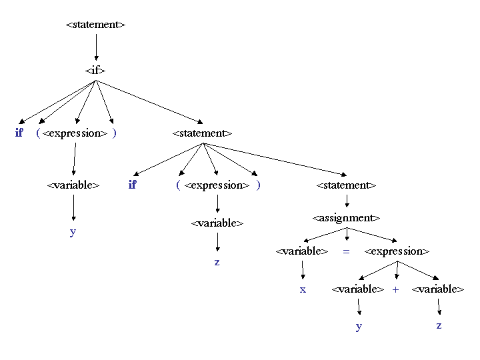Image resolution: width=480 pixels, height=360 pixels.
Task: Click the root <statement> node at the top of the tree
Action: pos(95,25)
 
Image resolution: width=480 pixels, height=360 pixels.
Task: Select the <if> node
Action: pos(95,70)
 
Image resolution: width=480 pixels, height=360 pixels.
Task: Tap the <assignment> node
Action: pos(346,218)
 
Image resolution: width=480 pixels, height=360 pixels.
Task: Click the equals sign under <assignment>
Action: pos(346,251)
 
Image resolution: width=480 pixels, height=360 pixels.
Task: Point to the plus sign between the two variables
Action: pos(395,289)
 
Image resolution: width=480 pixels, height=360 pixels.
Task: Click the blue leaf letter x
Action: pos(303,289)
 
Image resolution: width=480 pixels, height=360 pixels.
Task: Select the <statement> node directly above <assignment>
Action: pos(346,185)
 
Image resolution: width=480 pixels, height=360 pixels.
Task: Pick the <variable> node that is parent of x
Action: pos(302,251)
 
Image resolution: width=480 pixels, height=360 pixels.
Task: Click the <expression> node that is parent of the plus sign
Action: pos(397,251)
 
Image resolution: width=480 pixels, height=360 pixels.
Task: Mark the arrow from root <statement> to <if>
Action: pos(95,47)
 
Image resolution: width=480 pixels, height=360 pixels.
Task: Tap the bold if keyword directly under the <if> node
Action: pos(19,133)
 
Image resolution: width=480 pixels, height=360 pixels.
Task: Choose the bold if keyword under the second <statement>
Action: pos(132,185)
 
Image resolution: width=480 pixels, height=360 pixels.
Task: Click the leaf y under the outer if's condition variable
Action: pos(73,232)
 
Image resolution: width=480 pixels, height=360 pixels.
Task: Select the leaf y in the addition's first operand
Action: pos(359,326)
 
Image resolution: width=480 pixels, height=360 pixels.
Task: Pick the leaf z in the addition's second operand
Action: pos(439,325)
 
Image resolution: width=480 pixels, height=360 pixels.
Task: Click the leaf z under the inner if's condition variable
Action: pos(217,262)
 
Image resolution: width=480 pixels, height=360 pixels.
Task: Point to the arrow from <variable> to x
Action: pos(302,269)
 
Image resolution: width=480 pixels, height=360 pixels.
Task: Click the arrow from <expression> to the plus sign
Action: pos(396,270)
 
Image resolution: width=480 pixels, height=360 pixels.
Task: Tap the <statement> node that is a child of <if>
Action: pos(202,133)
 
